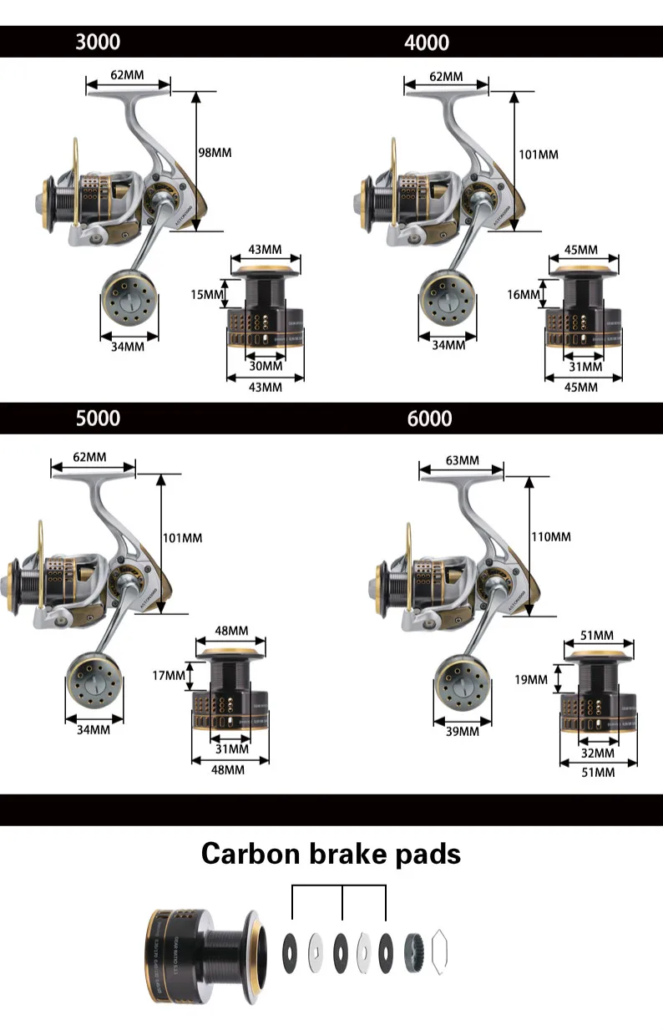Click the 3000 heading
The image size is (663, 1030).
pyautogui.click(x=98, y=42)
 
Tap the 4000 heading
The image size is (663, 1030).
pyautogui.click(x=427, y=42)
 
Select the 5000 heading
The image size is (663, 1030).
pyautogui.click(x=98, y=418)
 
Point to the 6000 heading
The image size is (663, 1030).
pyautogui.click(x=430, y=418)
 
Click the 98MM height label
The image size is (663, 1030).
pyautogui.click(x=215, y=153)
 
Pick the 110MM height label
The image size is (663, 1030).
pyautogui.click(x=551, y=536)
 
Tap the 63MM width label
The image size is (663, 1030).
pyautogui.click(x=463, y=460)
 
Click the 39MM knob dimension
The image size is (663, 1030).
pyautogui.click(x=462, y=731)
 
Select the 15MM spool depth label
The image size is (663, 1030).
pyautogui.click(x=208, y=294)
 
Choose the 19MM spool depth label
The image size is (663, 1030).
pyautogui.click(x=531, y=679)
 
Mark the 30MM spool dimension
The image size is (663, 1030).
pyautogui.click(x=266, y=366)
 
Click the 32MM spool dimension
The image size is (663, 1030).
pyautogui.click(x=597, y=753)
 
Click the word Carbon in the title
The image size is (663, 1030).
pyautogui.click(x=251, y=854)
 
